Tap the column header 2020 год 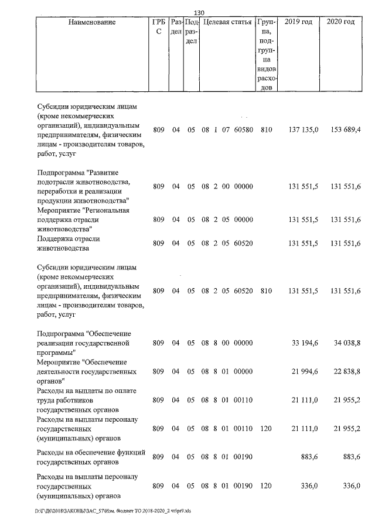(x=341, y=23)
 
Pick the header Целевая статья (x=227, y=23)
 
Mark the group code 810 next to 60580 (x=266, y=129)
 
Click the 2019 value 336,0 (x=309, y=486)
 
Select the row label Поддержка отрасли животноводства (x=68, y=244)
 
